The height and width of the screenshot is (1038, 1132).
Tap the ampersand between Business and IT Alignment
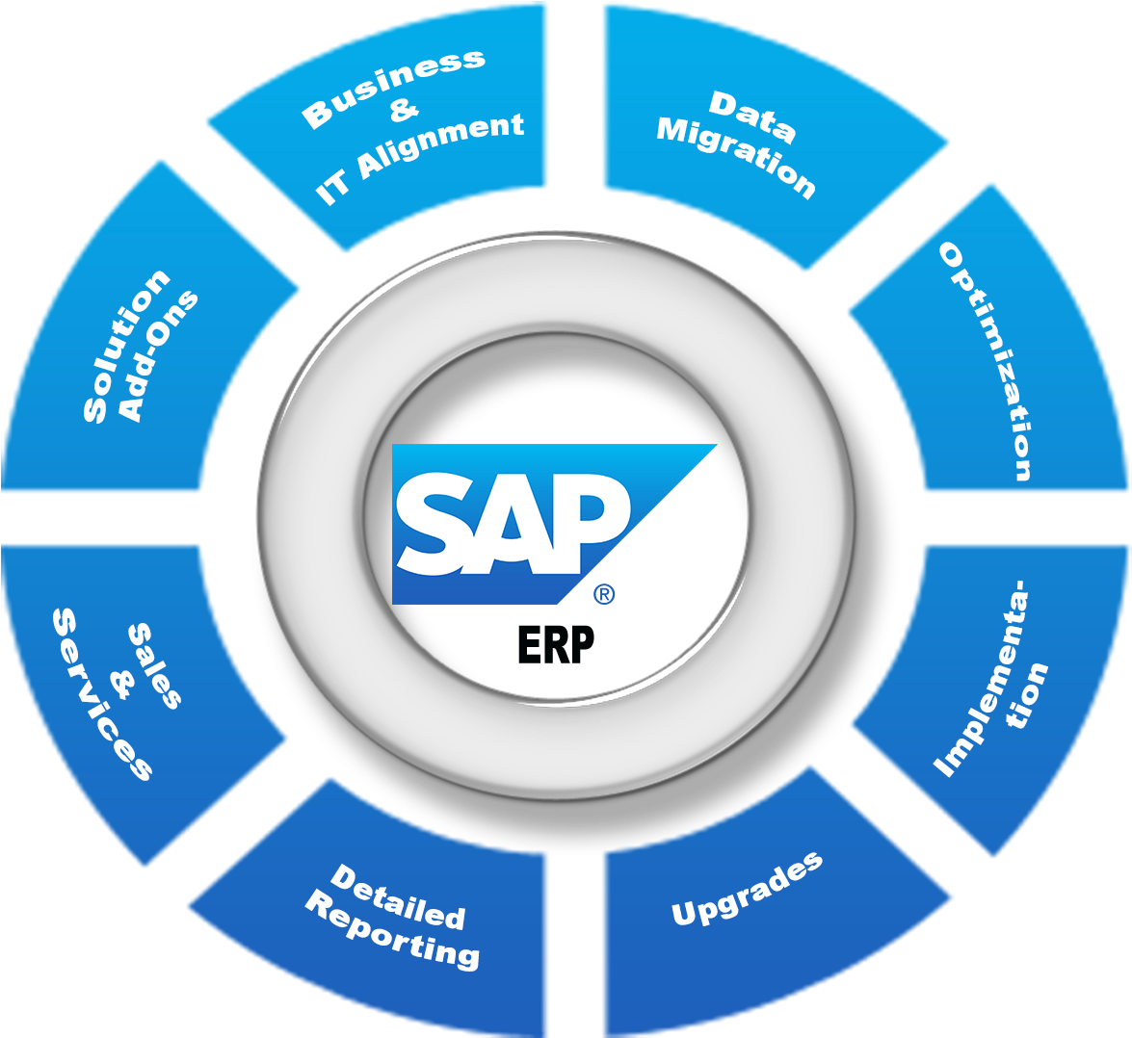(x=405, y=111)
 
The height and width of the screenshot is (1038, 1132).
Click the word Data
(x=752, y=116)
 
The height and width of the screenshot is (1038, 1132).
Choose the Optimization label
(x=986, y=361)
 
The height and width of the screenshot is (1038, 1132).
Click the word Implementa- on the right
(x=981, y=678)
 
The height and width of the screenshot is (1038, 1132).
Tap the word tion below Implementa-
(x=1028, y=695)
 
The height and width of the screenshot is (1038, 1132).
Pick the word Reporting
(x=392, y=929)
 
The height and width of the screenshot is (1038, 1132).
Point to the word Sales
(x=154, y=665)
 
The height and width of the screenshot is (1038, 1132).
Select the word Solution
(x=126, y=346)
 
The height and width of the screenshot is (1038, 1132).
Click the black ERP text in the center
(x=556, y=644)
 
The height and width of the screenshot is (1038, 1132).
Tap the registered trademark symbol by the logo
(x=603, y=594)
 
